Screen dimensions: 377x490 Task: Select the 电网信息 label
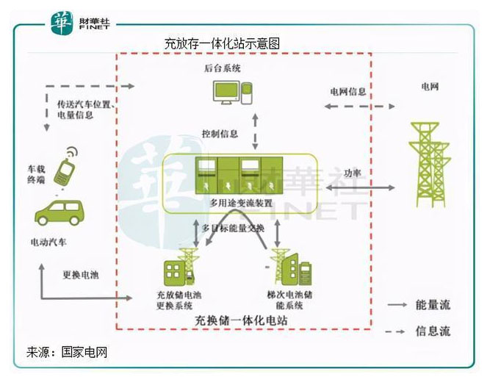(x=347, y=92)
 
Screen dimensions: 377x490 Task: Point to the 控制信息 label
(x=220, y=134)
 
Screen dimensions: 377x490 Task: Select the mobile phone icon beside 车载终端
(x=65, y=169)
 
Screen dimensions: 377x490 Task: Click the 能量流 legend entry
(x=430, y=303)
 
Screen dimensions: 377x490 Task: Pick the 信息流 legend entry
(x=430, y=331)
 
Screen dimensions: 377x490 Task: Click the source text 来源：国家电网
(x=67, y=351)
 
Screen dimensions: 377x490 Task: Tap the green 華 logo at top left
(x=64, y=24)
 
